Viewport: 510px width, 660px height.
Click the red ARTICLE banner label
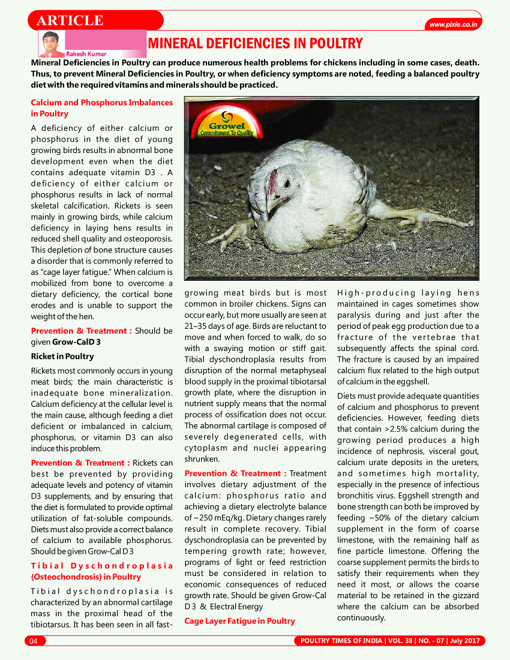[71, 20]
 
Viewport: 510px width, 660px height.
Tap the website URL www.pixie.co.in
[454, 25]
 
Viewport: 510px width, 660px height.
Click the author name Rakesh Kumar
[86, 54]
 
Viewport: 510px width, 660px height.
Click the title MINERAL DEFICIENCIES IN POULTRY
[255, 43]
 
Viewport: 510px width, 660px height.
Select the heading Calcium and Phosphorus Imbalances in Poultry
[101, 108]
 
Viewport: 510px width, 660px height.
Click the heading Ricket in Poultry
[62, 356]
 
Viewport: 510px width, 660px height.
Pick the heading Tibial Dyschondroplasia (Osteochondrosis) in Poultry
[101, 571]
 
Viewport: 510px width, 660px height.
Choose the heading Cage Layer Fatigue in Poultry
[239, 621]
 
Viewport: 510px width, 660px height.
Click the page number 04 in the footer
[34, 641]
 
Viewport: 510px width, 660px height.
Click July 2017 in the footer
[463, 641]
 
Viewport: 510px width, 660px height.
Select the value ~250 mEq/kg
[214, 517]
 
